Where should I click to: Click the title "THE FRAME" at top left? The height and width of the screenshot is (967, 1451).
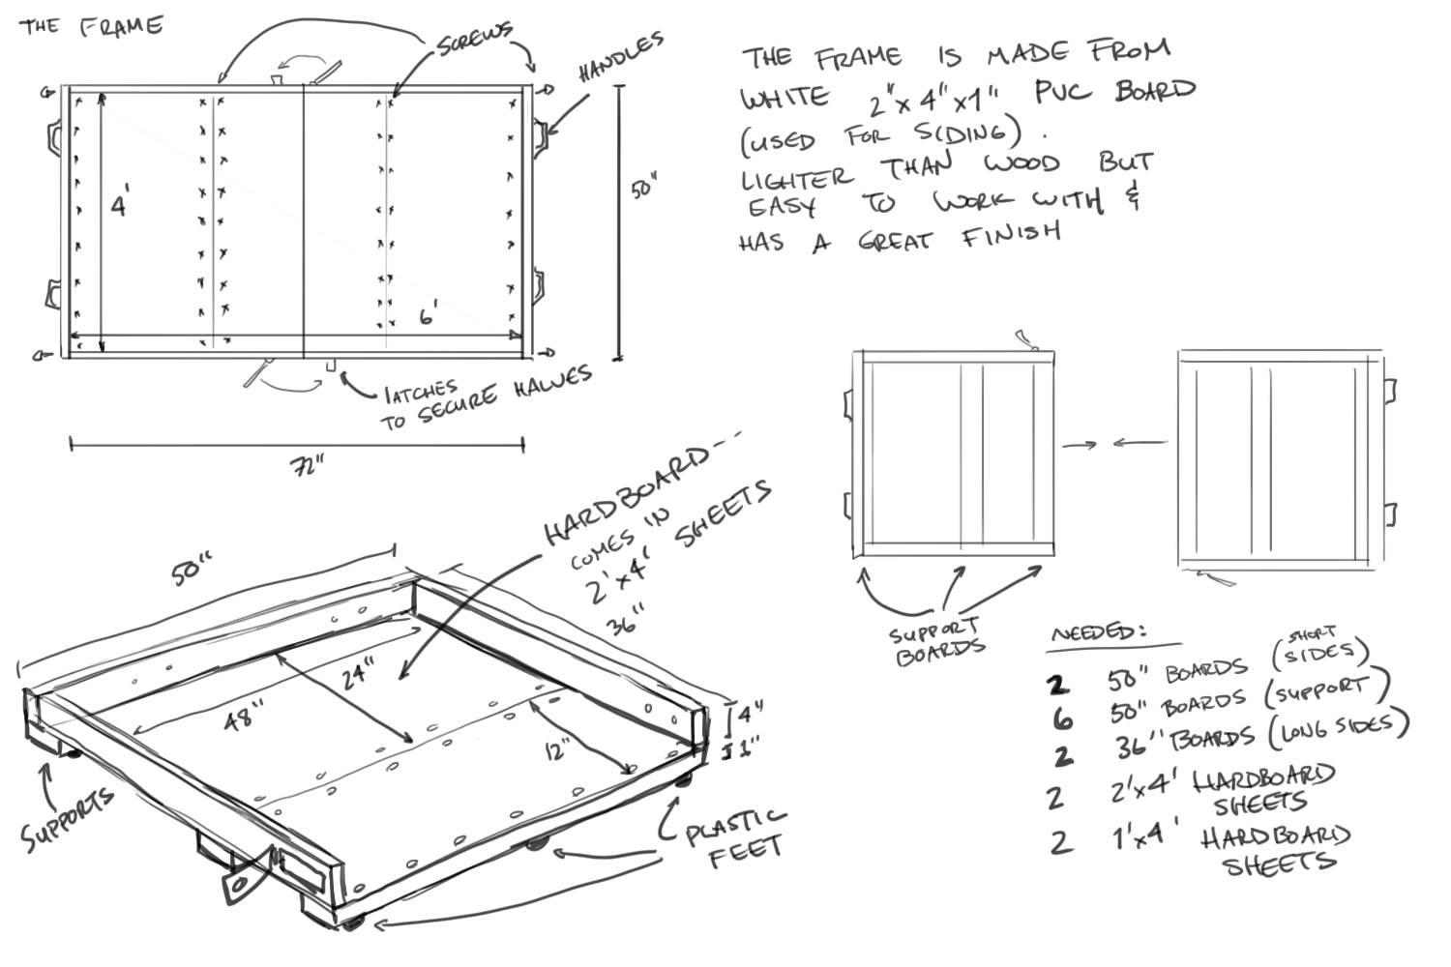[x=91, y=25]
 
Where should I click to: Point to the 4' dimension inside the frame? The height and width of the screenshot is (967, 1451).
[x=120, y=205]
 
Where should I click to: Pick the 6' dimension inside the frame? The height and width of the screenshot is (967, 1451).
[x=428, y=314]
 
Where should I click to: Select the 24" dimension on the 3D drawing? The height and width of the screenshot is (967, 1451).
[x=358, y=673]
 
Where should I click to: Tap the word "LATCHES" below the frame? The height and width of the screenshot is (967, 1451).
[x=421, y=392]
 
